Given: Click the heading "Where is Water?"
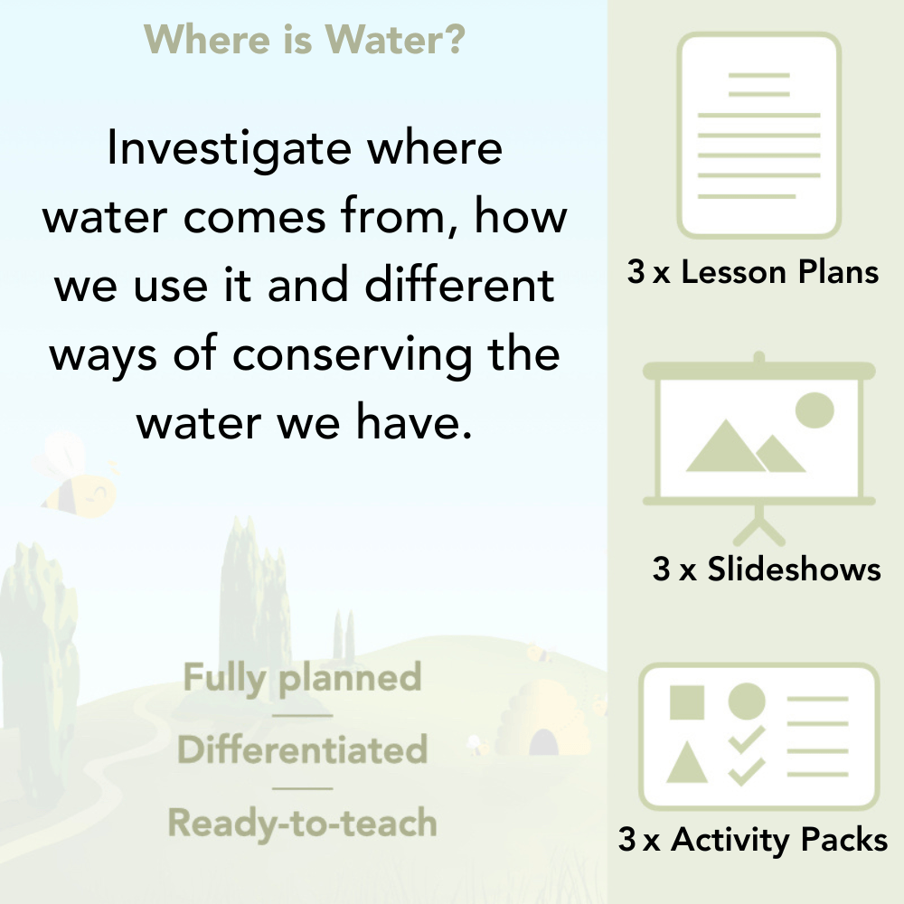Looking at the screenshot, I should click(x=305, y=39).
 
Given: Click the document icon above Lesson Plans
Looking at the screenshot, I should click(x=759, y=136).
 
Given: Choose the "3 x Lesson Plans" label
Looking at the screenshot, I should click(x=752, y=272).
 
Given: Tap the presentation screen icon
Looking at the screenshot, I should click(x=759, y=434).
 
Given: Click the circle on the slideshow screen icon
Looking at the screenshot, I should click(x=814, y=410).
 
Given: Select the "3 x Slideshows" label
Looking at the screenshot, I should click(x=766, y=569).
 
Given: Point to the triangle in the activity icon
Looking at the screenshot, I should click(x=687, y=762).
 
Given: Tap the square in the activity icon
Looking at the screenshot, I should click(x=687, y=702).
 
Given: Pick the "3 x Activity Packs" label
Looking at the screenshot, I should click(x=752, y=840).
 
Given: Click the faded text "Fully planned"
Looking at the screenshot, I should click(x=303, y=678).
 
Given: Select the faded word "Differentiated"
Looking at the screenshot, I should click(x=303, y=750).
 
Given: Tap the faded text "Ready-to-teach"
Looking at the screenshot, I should click(x=303, y=823).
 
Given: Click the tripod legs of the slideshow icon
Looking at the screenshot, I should click(x=759, y=524).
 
